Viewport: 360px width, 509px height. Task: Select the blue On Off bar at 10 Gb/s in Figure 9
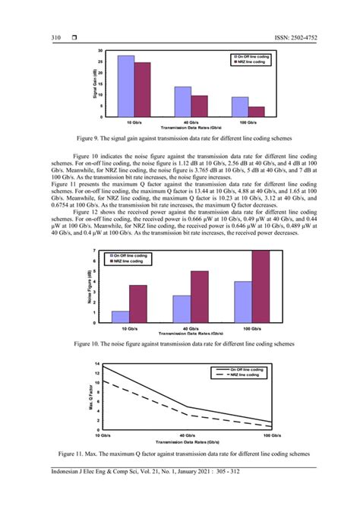126,86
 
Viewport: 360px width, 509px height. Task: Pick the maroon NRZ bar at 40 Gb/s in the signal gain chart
200,106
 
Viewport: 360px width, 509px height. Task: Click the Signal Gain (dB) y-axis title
94,84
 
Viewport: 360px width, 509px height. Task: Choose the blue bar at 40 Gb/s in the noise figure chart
182,309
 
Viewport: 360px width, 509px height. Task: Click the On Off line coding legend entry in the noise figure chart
137,234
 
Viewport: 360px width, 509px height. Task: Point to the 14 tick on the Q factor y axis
97,366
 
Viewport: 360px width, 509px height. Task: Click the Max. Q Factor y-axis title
90,399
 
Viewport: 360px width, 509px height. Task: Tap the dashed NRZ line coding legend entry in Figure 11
242,375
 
